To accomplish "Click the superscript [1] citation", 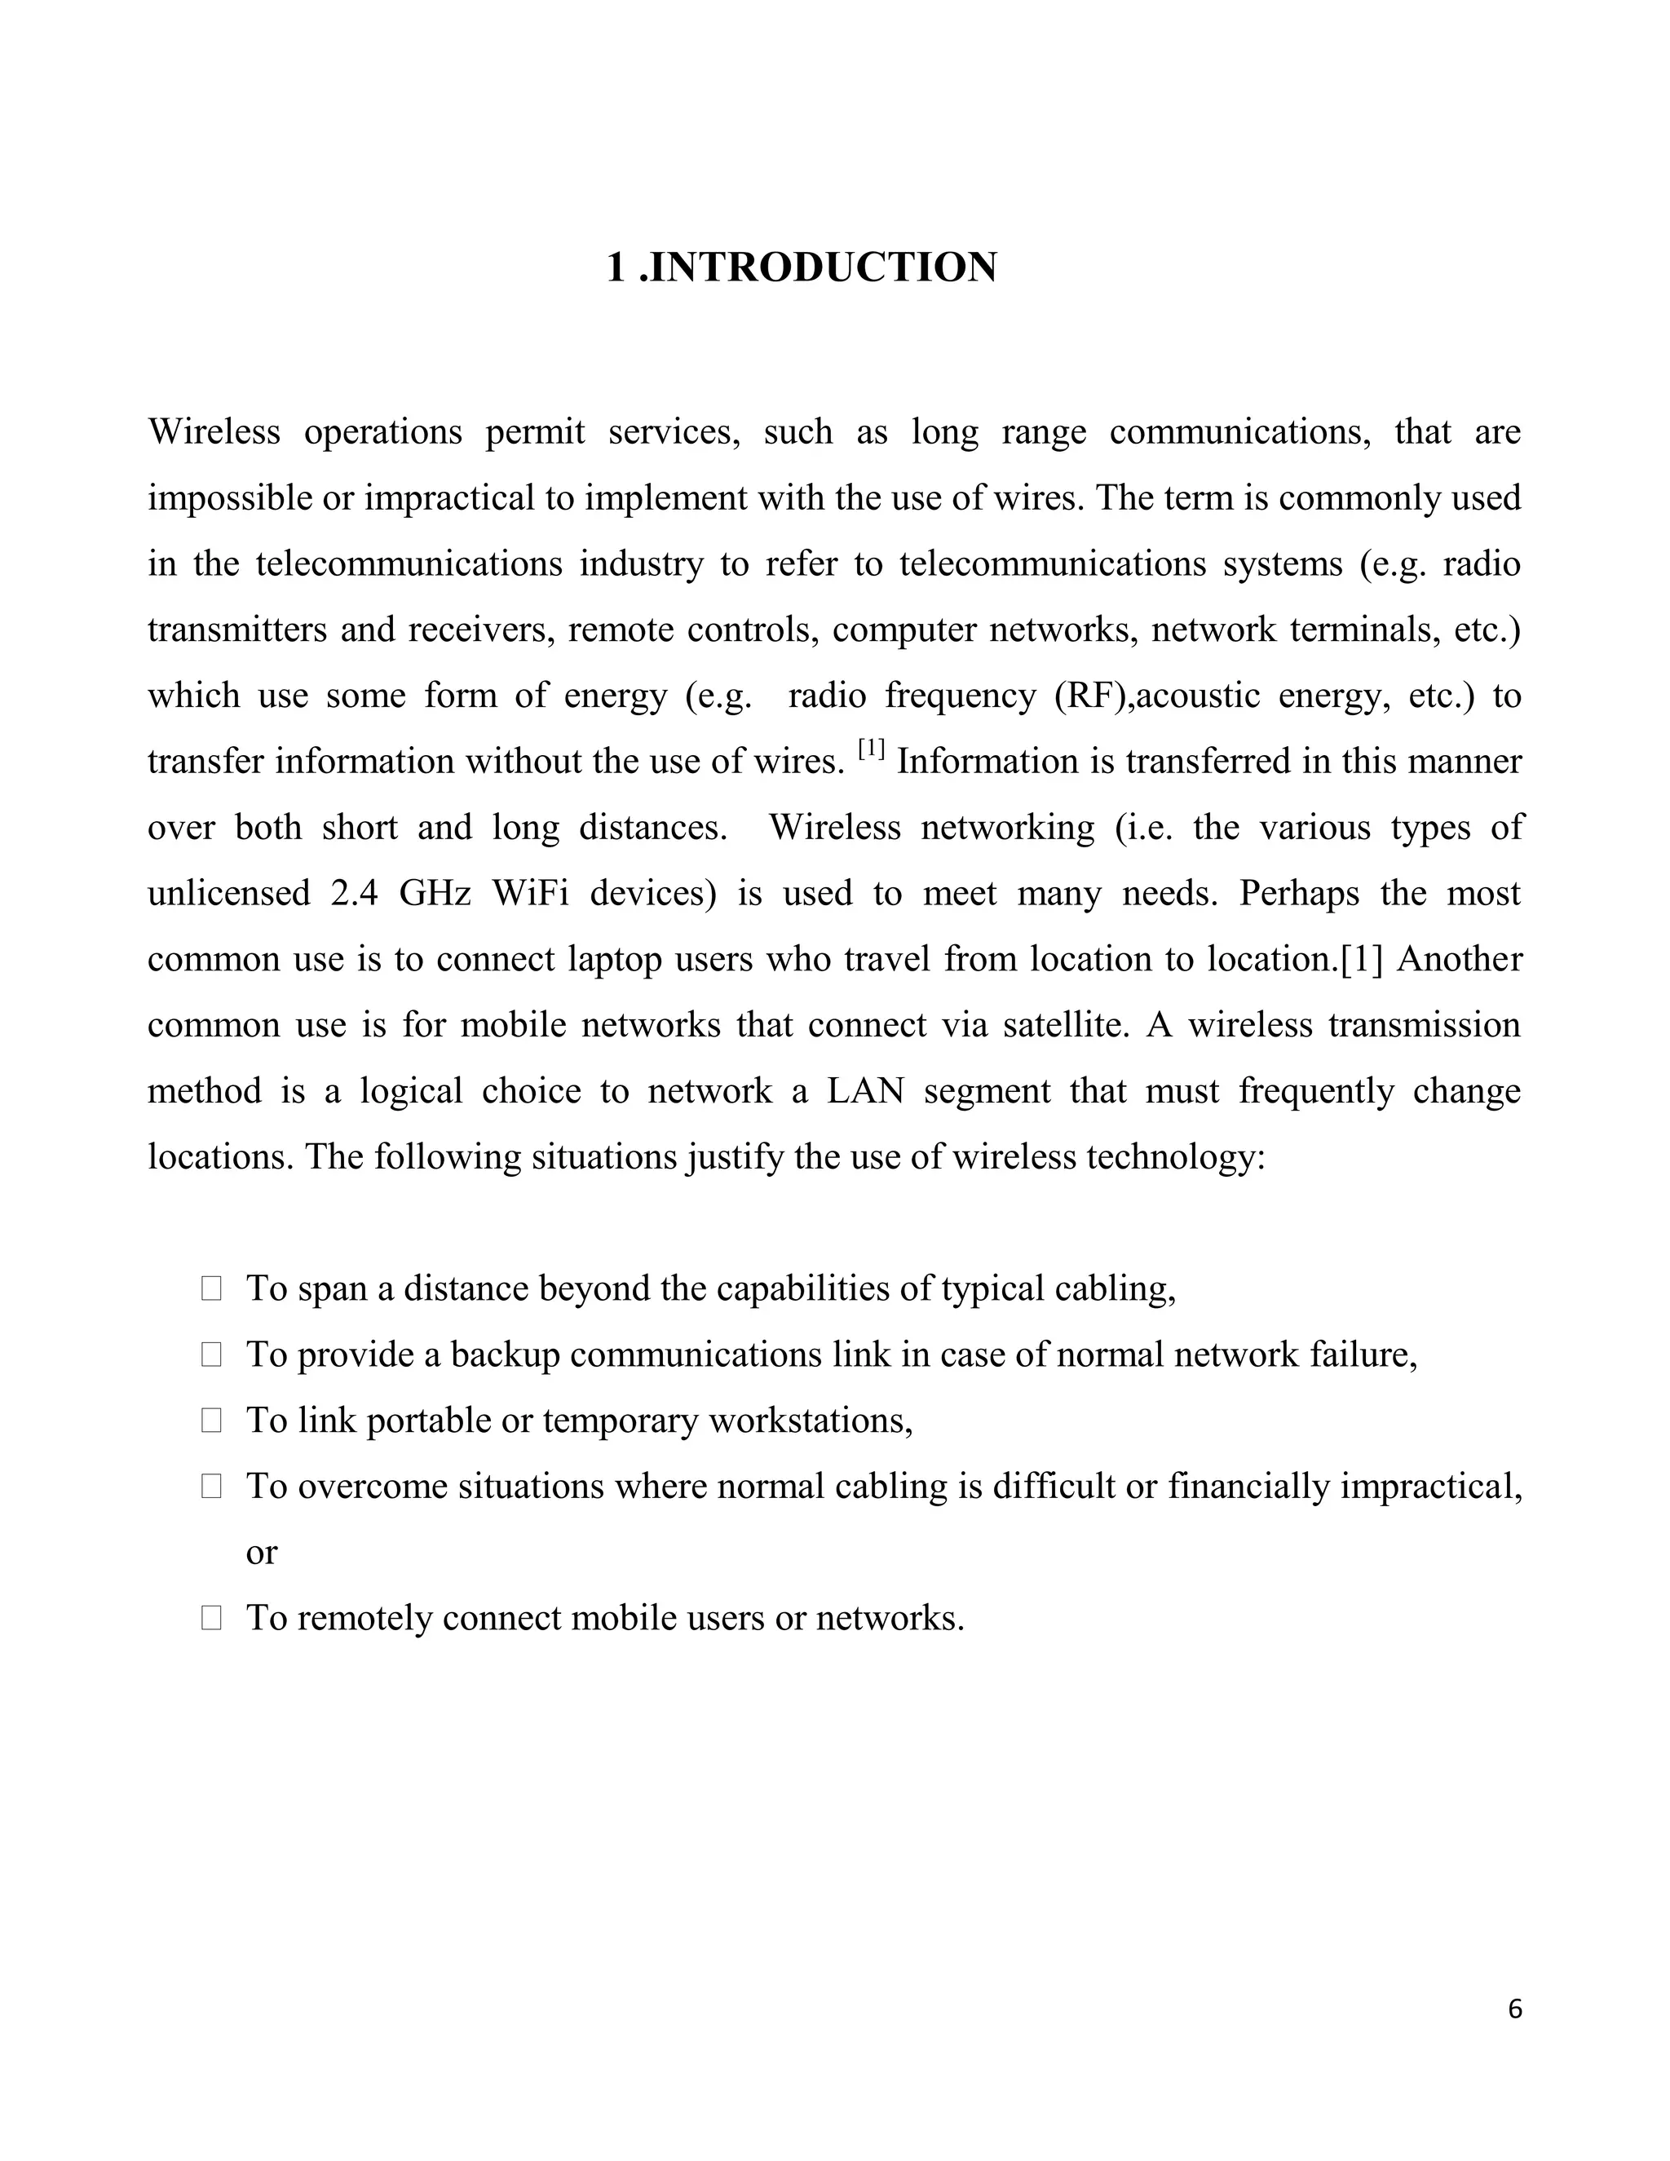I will click(872, 749).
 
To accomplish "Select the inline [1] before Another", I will click(1361, 960).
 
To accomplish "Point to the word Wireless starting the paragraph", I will click(214, 432).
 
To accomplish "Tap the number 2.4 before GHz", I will click(354, 894).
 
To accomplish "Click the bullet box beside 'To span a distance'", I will click(210, 1289).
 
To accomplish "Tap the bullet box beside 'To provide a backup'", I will click(210, 1355).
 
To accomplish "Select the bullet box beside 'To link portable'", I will click(210, 1421).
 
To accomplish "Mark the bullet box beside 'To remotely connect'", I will click(210, 1619).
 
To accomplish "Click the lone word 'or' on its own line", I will click(261, 1553).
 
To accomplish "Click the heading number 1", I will click(616, 268).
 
